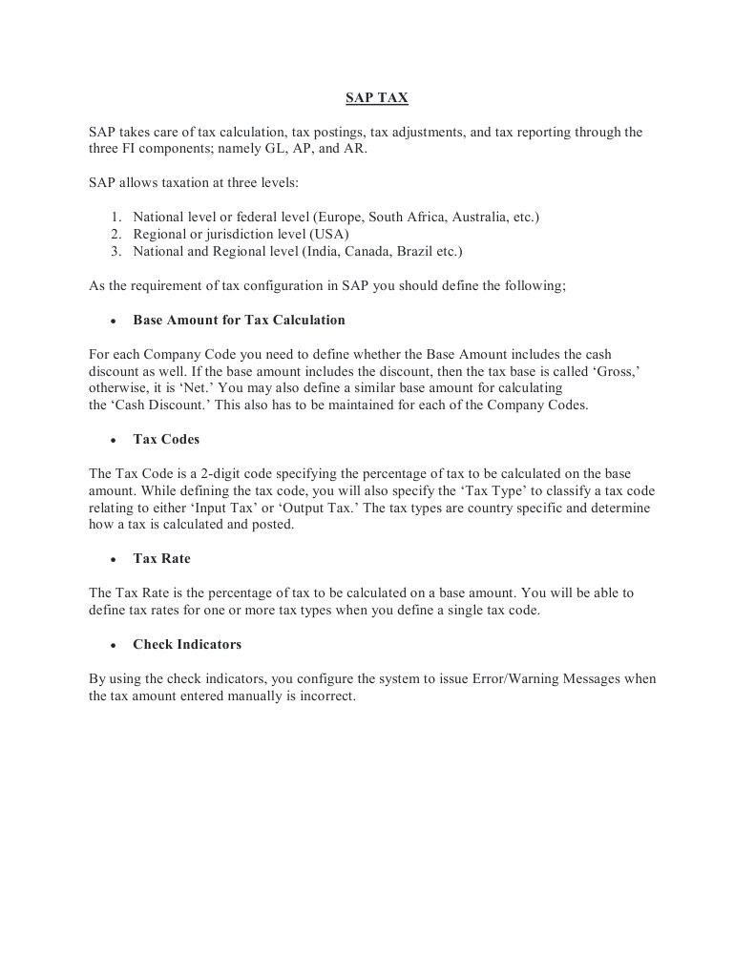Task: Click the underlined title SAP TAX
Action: (x=376, y=97)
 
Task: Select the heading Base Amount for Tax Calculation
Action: (x=239, y=320)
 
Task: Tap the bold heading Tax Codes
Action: (x=166, y=440)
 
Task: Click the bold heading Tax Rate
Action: (x=161, y=558)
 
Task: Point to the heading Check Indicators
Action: (x=187, y=644)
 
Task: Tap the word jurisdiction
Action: (x=241, y=234)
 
